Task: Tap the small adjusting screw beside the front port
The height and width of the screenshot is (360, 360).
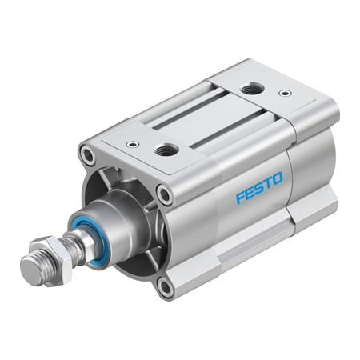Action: pyautogui.click(x=130, y=145)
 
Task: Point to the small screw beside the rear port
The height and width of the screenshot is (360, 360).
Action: pyautogui.click(x=283, y=94)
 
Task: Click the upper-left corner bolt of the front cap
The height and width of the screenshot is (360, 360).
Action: pyautogui.click(x=87, y=152)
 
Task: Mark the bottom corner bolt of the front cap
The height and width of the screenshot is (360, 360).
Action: pyautogui.click(x=166, y=286)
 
